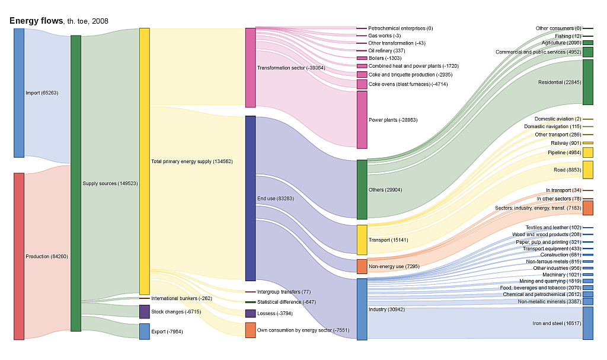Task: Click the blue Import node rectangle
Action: click(x=19, y=93)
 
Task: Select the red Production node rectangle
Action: click(x=19, y=256)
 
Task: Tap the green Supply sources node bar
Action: click(x=76, y=183)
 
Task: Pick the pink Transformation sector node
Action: click(x=250, y=67)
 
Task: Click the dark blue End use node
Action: click(x=250, y=198)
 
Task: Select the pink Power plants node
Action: click(x=362, y=119)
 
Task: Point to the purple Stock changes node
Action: click(x=144, y=311)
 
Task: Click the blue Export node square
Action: click(x=144, y=331)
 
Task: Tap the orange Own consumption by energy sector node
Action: click(x=250, y=330)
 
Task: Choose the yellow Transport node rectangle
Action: click(x=362, y=240)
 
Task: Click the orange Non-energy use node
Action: click(x=362, y=266)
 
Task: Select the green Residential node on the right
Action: click(x=588, y=82)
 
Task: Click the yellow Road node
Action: click(x=588, y=169)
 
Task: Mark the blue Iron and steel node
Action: click(x=588, y=323)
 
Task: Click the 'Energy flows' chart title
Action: click(x=36, y=21)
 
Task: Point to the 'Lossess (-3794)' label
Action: click(x=275, y=313)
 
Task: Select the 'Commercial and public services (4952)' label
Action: click(x=538, y=52)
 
